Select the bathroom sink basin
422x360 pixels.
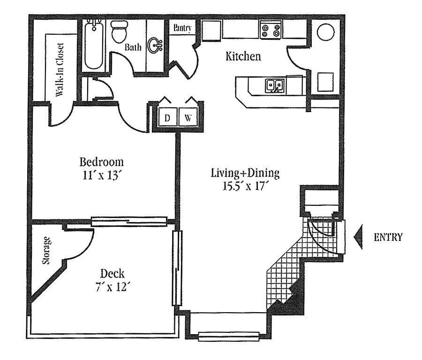(154, 45)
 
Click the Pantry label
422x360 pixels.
(182, 28)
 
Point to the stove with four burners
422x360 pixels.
(271, 30)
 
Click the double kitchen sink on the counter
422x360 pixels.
(274, 86)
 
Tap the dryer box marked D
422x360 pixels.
(167, 118)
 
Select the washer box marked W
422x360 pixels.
(188, 118)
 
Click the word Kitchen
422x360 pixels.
(243, 57)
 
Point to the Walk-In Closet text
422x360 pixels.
(60, 70)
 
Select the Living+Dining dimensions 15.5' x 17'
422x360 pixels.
(245, 186)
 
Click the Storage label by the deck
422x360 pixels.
(46, 251)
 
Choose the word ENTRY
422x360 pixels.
(388, 237)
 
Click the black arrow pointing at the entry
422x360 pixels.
(359, 237)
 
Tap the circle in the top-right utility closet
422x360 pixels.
(326, 32)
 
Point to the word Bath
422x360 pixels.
(133, 47)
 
